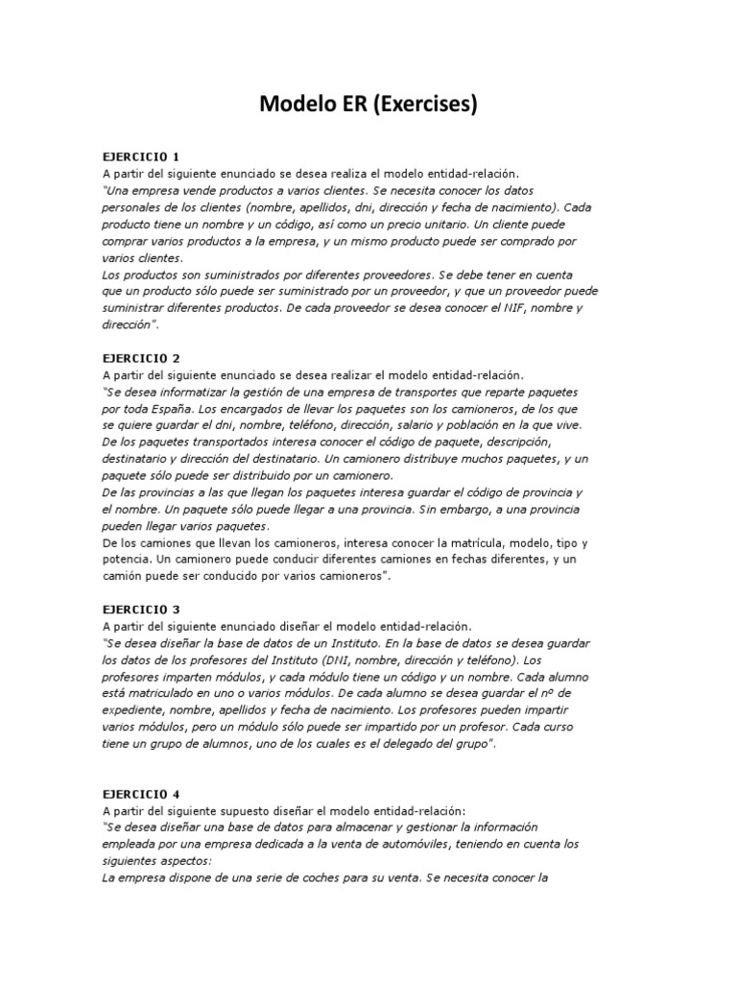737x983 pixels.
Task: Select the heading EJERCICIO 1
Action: (141, 156)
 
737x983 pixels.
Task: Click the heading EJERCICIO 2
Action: (141, 358)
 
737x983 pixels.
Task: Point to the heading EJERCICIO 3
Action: (141, 609)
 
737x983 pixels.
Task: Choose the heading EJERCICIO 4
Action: (141, 794)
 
